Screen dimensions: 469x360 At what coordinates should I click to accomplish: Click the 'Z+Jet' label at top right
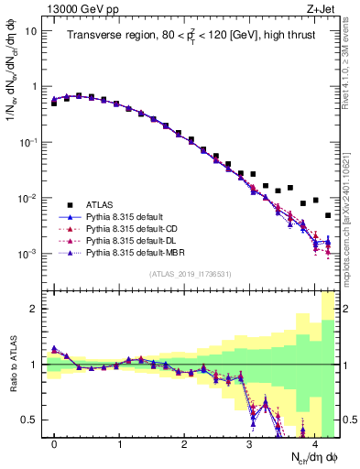(x=324, y=8)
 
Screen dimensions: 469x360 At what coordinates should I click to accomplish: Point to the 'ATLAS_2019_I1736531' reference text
(x=191, y=273)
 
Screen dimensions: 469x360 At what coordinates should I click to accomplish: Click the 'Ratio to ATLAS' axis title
(x=13, y=365)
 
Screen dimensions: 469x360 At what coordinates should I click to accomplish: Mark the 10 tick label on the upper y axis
(x=30, y=30)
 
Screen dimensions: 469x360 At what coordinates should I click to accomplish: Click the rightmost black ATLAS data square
(x=327, y=215)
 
